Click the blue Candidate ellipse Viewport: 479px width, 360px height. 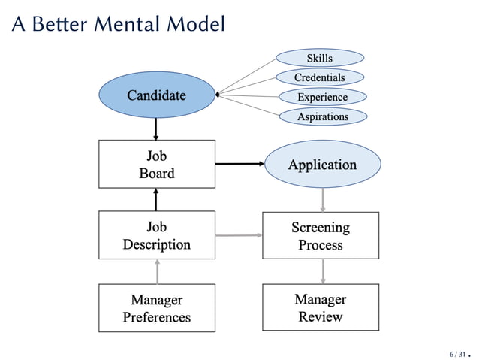click(x=156, y=95)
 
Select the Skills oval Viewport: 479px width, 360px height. click(x=320, y=58)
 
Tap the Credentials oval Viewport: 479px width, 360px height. click(x=320, y=77)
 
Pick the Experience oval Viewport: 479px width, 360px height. click(x=322, y=97)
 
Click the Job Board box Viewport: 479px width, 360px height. click(x=156, y=165)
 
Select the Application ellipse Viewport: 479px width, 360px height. click(x=322, y=165)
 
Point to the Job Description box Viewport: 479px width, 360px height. click(x=156, y=235)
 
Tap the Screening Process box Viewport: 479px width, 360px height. click(x=321, y=235)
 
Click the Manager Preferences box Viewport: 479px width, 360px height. click(x=156, y=308)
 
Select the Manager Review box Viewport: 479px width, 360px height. click(x=321, y=308)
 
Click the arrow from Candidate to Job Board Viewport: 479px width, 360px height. click(x=156, y=129)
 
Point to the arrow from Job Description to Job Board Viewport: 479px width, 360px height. click(x=156, y=199)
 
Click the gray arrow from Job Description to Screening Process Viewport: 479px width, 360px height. click(x=239, y=236)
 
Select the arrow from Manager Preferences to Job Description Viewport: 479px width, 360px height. click(x=156, y=271)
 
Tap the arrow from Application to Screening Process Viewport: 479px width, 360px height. click(x=322, y=199)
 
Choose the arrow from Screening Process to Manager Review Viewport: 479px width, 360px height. click(x=322, y=271)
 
